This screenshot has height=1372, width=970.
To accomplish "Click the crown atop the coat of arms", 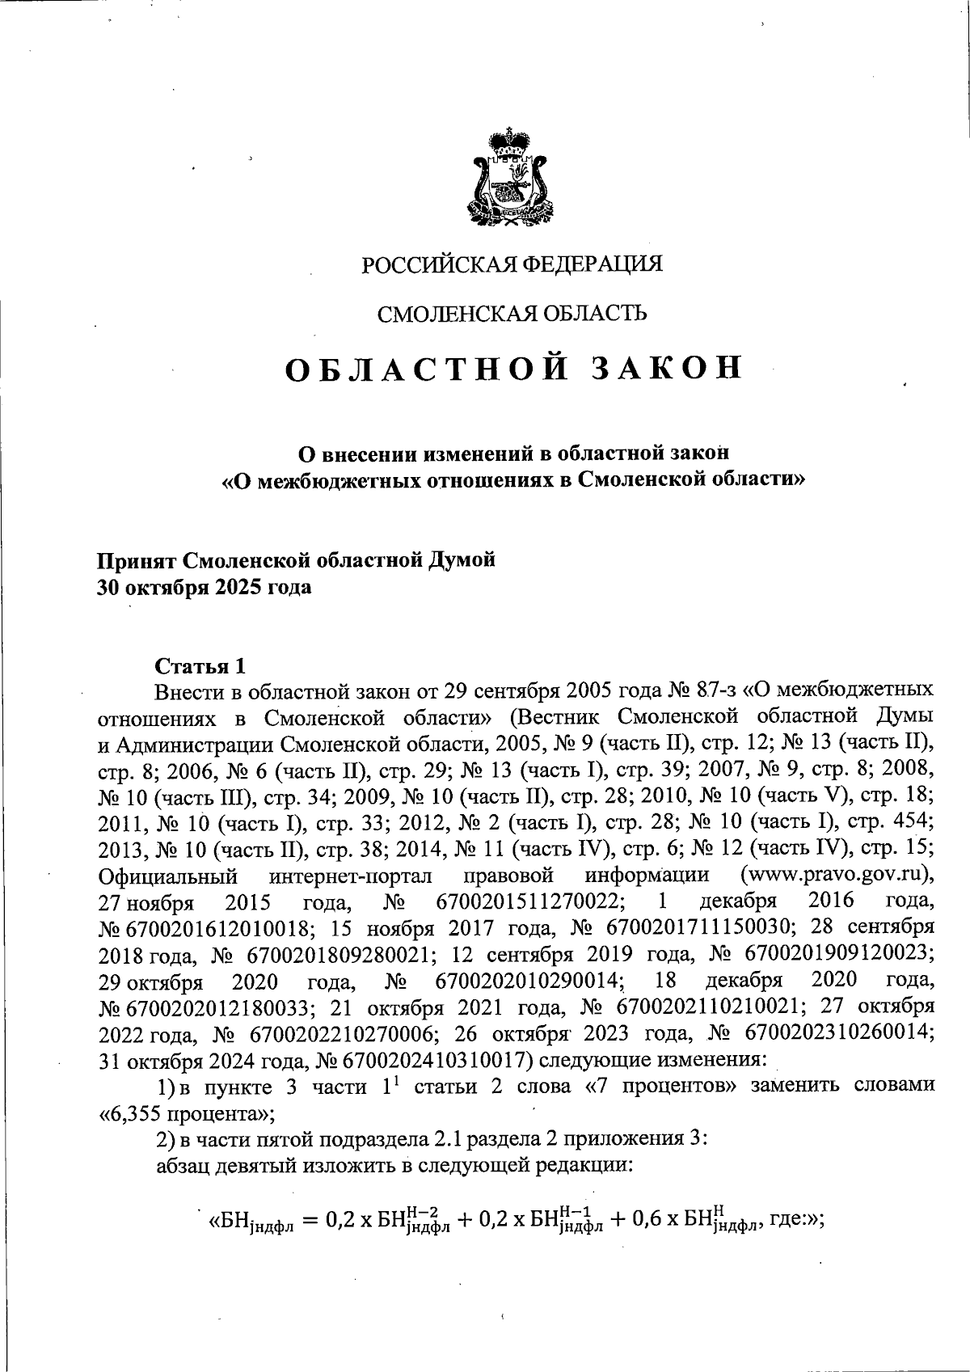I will point(509,141).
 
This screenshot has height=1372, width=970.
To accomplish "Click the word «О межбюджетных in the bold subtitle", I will point(307,479).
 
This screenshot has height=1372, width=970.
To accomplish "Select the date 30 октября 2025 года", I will point(204,588).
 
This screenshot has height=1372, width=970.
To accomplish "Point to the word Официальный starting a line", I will point(167,876).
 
